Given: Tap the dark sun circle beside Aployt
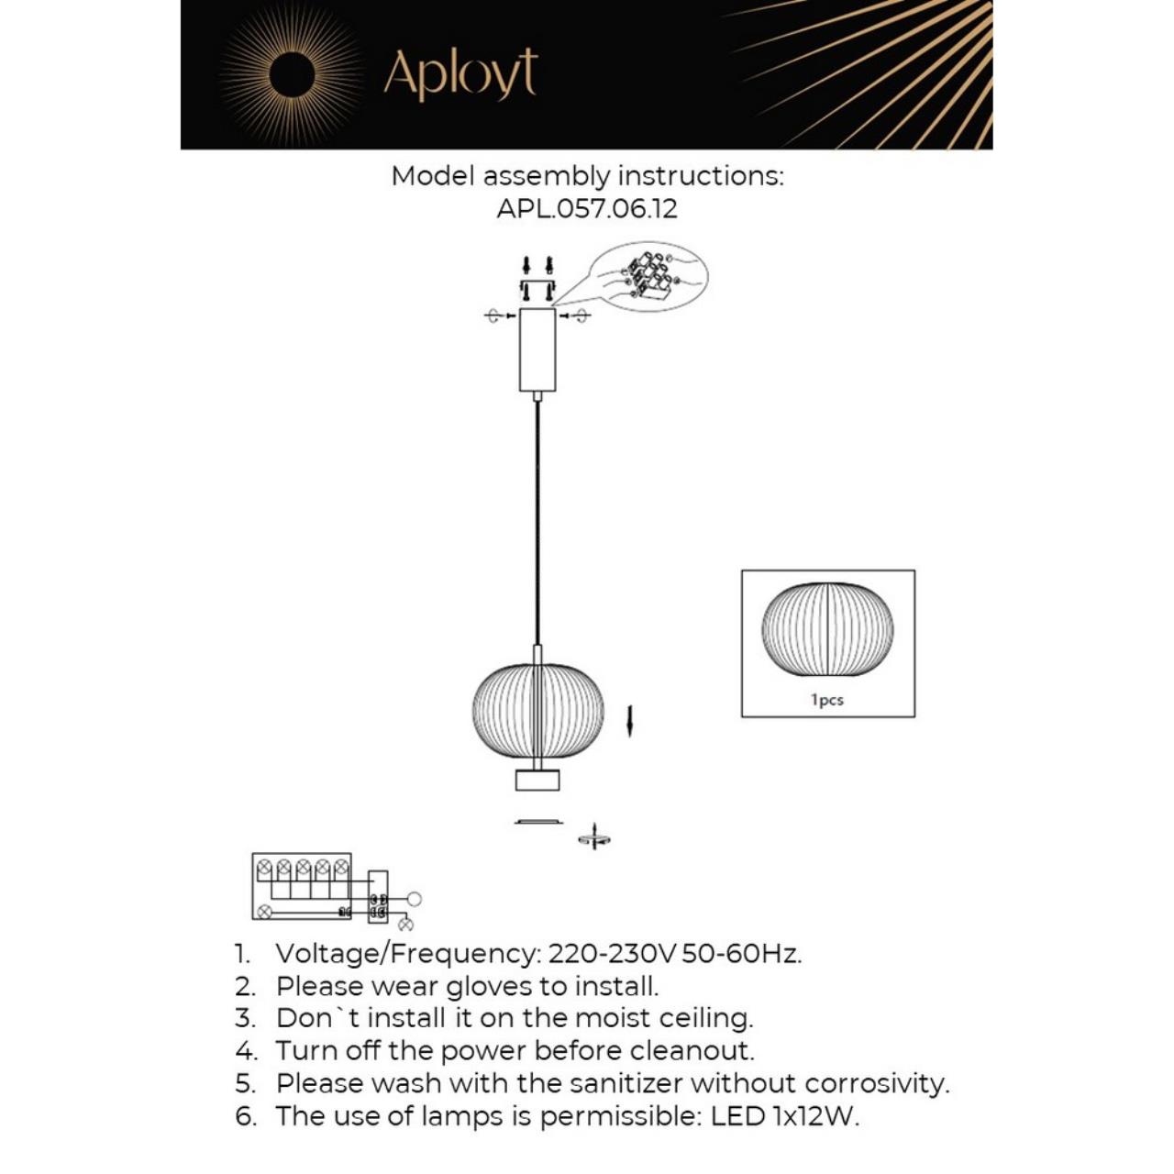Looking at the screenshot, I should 293,73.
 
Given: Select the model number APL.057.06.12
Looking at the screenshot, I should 587,208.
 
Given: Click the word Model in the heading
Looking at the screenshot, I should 433,175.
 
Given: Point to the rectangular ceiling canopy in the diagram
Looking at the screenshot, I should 537,349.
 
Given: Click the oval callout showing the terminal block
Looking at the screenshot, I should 648,275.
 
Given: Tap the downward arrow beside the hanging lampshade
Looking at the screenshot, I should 630,721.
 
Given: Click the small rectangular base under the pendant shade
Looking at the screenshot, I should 537,781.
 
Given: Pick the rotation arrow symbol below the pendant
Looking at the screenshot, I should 594,836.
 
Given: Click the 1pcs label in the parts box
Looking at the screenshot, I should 827,700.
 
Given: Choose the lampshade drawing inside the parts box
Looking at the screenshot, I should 827,629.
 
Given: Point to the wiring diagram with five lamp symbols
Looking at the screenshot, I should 302,886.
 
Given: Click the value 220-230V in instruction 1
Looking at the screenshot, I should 612,954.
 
